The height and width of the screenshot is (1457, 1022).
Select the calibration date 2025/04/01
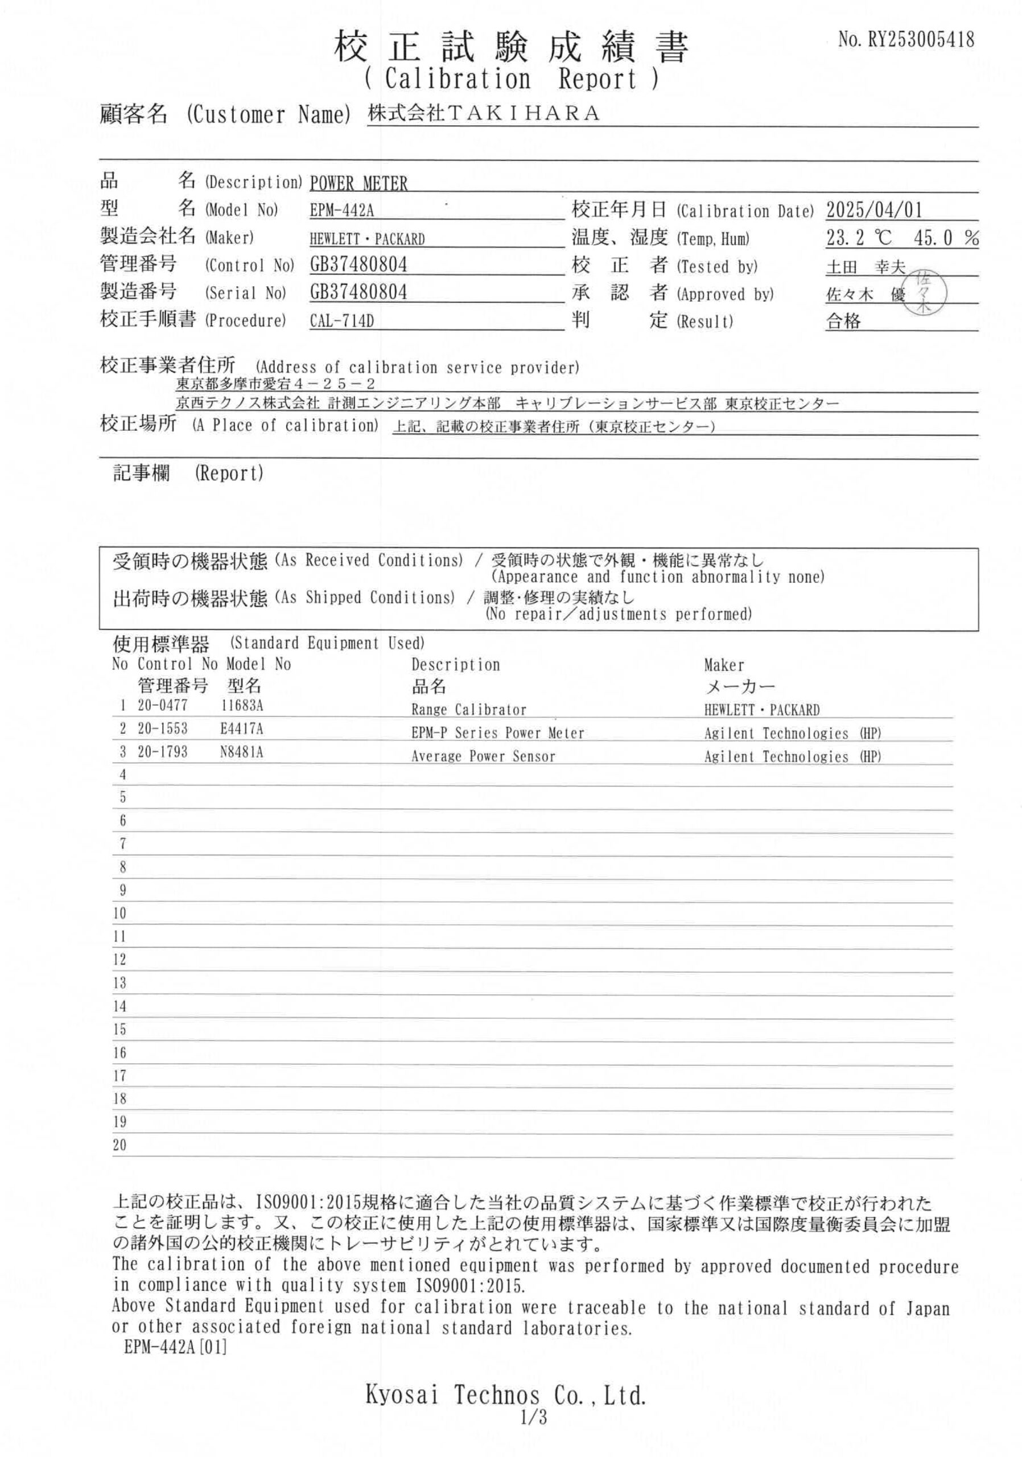coord(873,209)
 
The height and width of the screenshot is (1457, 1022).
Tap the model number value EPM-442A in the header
coord(341,210)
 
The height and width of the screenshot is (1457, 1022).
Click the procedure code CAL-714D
coord(341,320)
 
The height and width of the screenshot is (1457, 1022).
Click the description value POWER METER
coord(358,183)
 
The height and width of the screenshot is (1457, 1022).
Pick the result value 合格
coord(843,321)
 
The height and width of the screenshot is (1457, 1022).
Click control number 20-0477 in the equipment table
coord(162,705)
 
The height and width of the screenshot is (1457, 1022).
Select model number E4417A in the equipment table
coord(241,728)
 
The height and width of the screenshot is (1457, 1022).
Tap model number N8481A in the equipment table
coord(241,752)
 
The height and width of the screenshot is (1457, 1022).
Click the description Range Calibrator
coord(468,710)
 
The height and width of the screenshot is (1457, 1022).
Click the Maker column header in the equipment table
coord(723,665)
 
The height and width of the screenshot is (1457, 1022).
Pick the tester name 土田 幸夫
coord(866,267)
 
